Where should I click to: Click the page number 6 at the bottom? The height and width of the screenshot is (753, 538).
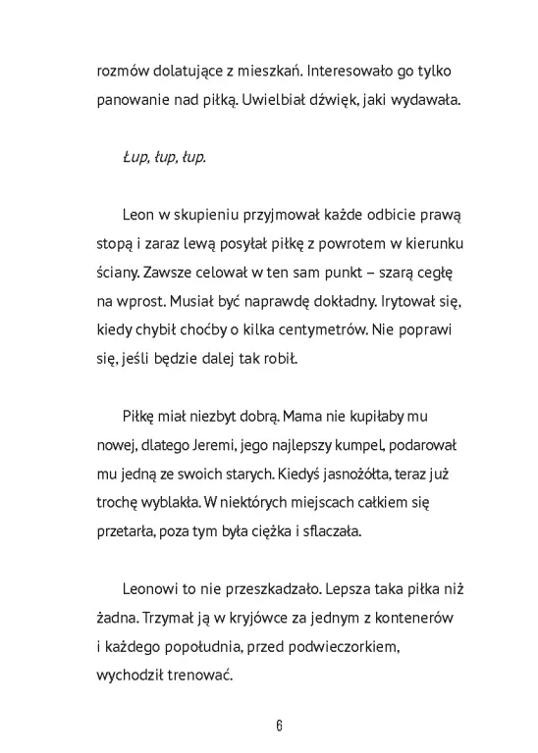click(x=280, y=726)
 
